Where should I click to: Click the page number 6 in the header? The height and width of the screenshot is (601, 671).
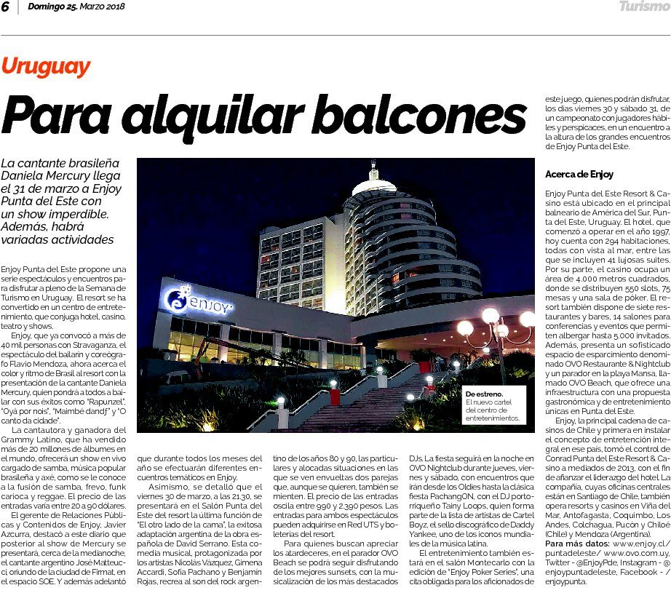(7, 7)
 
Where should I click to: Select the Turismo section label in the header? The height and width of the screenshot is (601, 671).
(643, 7)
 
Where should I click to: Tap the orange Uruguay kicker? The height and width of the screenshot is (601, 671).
(46, 67)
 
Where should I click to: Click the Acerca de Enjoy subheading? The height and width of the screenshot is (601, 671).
(579, 174)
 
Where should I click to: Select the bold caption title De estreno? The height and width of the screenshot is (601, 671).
(485, 395)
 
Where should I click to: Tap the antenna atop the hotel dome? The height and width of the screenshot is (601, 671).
(374, 170)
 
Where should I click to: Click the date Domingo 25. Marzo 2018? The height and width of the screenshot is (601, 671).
(76, 7)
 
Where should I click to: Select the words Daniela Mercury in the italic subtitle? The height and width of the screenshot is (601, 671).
(45, 176)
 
